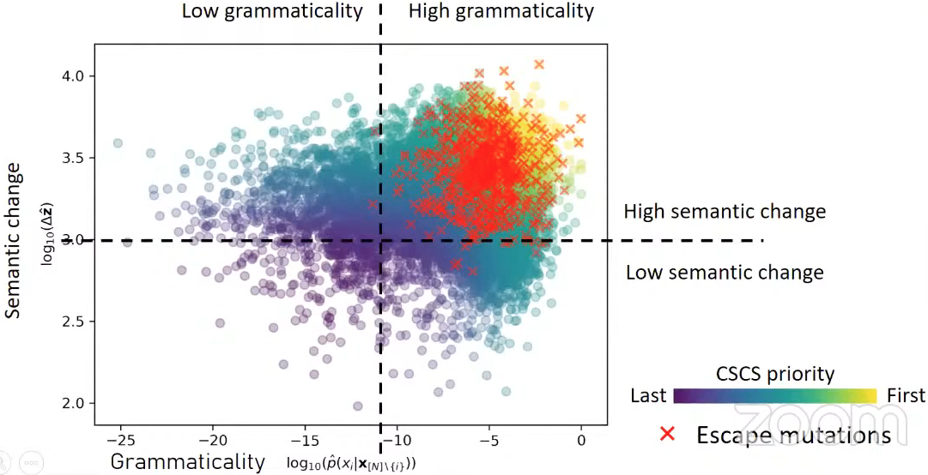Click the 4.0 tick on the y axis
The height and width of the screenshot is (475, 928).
click(x=76, y=76)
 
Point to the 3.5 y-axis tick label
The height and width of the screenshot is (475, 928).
click(x=76, y=158)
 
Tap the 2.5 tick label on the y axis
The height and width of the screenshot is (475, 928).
click(x=76, y=322)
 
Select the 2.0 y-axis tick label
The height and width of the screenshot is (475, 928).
click(x=76, y=403)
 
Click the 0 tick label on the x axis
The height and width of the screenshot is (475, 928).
click(x=581, y=440)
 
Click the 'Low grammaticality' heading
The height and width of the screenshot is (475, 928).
click(x=271, y=11)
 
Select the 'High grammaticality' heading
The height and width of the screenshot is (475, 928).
click(x=500, y=11)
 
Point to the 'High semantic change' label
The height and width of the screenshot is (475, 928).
click(x=725, y=212)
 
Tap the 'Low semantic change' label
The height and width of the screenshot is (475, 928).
click(x=725, y=273)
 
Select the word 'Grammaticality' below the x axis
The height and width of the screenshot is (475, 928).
click(x=188, y=461)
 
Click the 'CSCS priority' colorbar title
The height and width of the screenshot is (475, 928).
click(x=775, y=374)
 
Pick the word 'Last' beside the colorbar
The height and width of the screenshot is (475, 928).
click(x=649, y=395)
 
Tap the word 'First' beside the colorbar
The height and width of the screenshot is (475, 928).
click(x=906, y=395)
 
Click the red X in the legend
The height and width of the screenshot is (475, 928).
click(x=667, y=434)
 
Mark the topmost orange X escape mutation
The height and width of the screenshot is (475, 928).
click(x=539, y=64)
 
